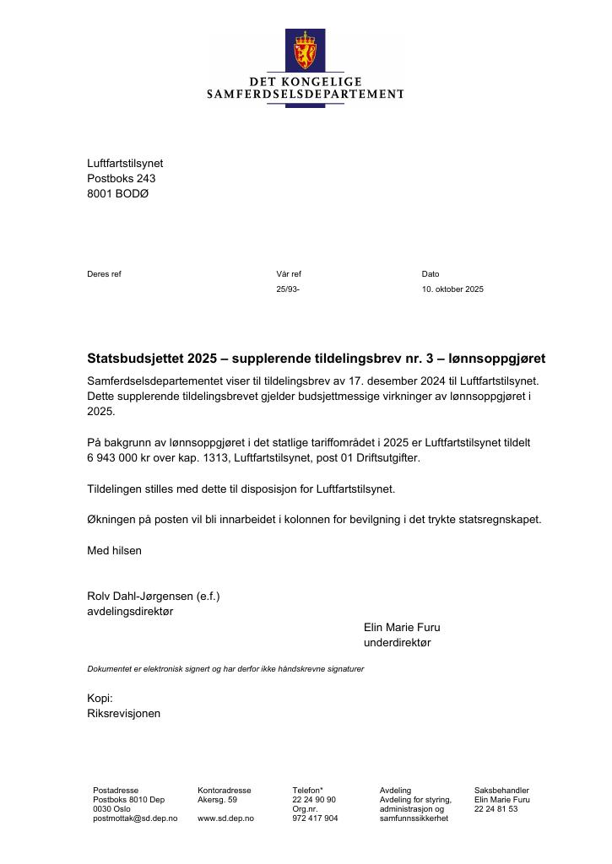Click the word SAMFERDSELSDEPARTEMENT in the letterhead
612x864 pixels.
coord(306,94)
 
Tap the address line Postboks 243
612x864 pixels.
coord(122,178)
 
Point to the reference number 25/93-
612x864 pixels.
coord(288,289)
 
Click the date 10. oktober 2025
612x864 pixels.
coord(452,289)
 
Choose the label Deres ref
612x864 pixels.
coord(104,273)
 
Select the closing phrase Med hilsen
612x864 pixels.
coord(115,550)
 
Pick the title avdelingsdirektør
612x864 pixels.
coord(130,611)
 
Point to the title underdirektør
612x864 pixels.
coord(397,642)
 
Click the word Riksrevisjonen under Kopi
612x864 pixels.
coord(123,713)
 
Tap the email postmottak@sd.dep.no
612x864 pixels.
coord(135,818)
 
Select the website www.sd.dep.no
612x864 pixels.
coord(225,818)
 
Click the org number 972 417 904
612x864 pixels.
coord(315,818)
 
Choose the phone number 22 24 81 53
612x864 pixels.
coord(496,808)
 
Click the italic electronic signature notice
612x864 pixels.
coord(225,668)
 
